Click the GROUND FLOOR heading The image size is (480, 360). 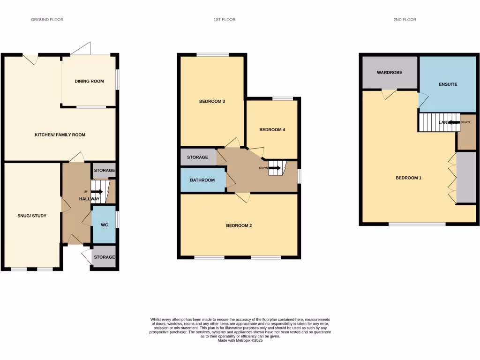47,20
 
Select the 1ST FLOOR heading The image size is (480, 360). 224,20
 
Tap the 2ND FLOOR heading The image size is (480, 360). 405,20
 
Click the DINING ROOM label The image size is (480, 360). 89,81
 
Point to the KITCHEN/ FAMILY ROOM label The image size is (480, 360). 60,135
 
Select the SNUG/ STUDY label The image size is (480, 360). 31,216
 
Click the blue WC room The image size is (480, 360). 104,225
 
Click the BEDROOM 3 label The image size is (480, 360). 212,101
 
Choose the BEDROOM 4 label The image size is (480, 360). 272,130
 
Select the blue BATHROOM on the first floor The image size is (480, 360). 202,180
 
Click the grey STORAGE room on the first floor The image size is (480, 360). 197,157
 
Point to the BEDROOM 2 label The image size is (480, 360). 239,225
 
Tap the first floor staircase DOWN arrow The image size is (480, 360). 275,168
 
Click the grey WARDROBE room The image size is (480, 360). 390,73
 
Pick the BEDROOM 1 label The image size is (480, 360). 408,178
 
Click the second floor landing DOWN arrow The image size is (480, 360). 453,122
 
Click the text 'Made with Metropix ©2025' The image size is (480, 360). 240,341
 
